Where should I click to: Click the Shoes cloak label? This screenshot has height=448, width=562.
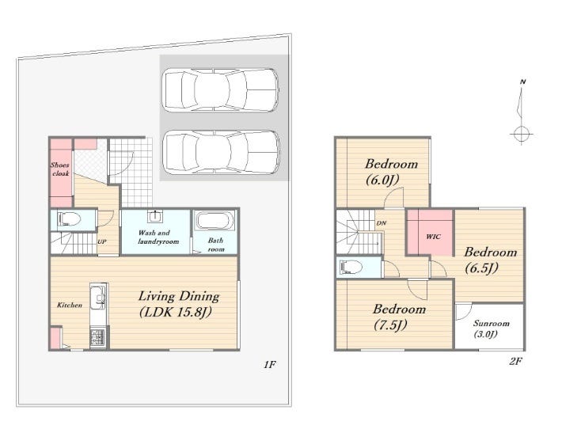coord(60,169)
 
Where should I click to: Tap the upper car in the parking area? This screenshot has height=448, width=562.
coord(221,89)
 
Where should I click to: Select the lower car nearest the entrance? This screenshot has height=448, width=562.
coord(221,152)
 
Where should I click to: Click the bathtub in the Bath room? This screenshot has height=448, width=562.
coord(215,220)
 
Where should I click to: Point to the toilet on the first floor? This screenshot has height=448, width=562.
coord(69,218)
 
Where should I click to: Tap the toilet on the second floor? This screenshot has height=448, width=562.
coord(351,267)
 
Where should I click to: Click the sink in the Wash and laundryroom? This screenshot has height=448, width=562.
coord(155,216)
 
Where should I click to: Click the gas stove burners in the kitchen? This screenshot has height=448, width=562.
coord(97,338)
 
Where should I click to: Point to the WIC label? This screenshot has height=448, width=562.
coord(433,237)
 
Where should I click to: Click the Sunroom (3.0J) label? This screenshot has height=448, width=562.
coord(491,328)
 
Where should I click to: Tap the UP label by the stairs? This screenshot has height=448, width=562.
coord(102,241)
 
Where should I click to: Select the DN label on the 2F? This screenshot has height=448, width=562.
coord(382,223)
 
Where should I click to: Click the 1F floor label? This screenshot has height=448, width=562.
coord(270,365)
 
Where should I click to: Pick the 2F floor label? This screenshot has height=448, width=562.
coord(515,361)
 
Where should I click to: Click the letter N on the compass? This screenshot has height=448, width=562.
coord(522,82)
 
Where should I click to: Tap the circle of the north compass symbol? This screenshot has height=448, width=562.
coord(521,135)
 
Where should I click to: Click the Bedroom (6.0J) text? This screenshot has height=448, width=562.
coord(391,172)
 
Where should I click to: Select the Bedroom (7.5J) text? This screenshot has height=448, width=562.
coord(399,317)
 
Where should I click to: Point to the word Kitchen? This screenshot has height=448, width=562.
coord(70,305)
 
